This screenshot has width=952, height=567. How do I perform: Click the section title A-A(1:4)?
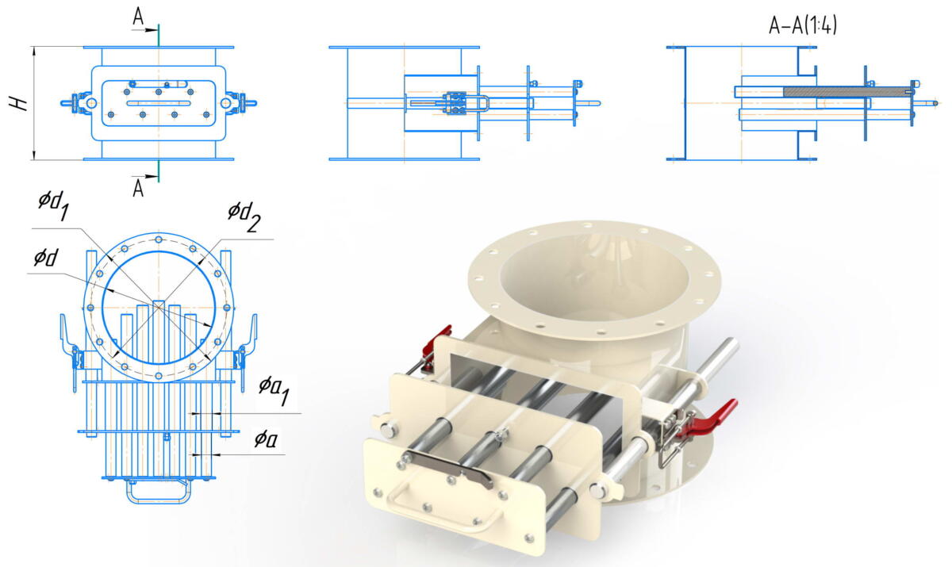coord(803,25)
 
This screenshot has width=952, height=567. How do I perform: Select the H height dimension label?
coord(19,104)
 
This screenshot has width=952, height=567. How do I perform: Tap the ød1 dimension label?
coord(54,205)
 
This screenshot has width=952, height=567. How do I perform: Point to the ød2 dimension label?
coord(244,216)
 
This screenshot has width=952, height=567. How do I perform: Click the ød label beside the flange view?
coord(46,258)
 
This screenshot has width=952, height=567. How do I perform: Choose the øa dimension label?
coord(266,439)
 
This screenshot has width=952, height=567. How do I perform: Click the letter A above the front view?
coord(138,17)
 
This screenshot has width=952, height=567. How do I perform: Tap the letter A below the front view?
coord(138,189)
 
